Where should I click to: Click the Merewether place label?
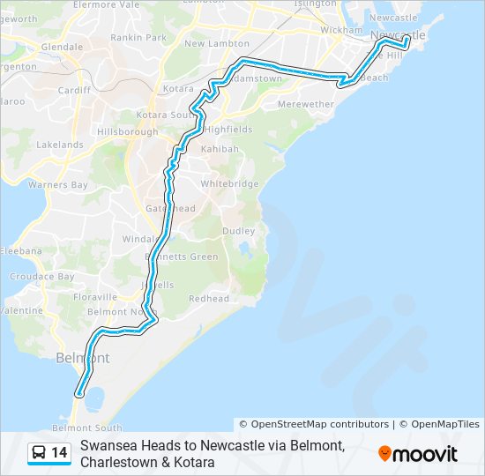tap(305, 104)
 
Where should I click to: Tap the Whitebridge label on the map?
tap(230, 183)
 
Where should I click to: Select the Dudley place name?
tap(239, 231)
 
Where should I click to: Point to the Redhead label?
tap(208, 299)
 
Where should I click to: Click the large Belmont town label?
tap(83, 358)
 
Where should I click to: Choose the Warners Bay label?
tap(58, 185)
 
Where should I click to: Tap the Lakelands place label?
tap(60, 145)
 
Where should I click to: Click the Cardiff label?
tap(74, 90)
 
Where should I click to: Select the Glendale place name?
tap(62, 46)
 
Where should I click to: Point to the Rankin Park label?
tap(145, 38)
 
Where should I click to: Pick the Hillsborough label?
tap(127, 131)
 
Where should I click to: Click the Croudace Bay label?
tap(42, 276)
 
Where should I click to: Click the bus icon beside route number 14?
tap(39, 453)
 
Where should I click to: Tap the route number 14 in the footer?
tap(59, 453)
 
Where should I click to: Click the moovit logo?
tap(418, 454)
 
